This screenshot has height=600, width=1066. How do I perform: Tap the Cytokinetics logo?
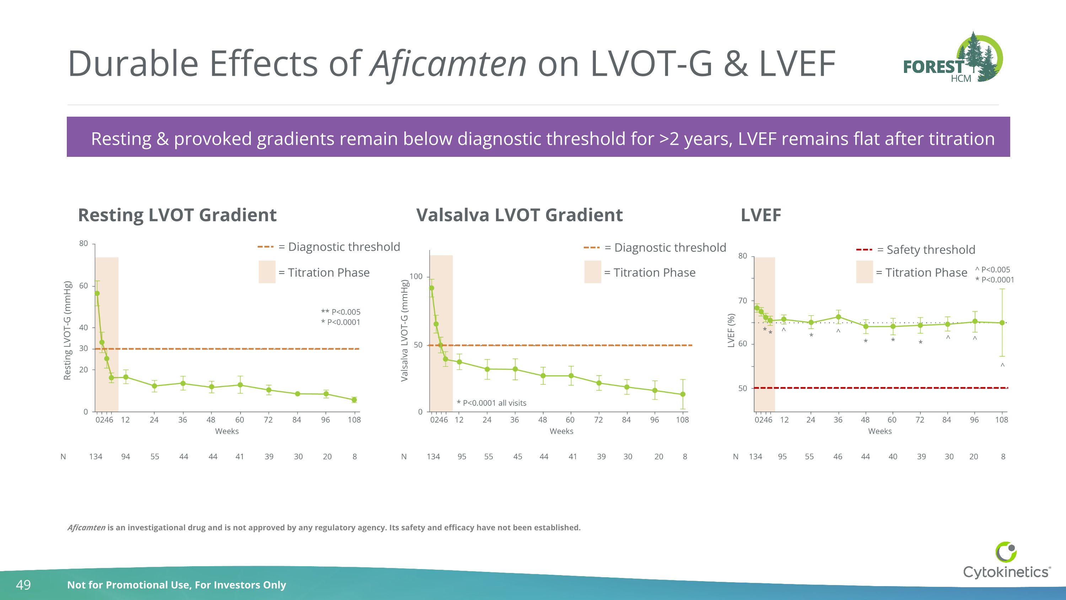[1006, 561]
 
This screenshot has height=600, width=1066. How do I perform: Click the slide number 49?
[23, 585]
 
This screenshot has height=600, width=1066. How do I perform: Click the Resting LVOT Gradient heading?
[177, 215]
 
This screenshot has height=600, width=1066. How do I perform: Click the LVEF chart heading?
[761, 215]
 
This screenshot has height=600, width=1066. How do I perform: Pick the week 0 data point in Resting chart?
[97, 293]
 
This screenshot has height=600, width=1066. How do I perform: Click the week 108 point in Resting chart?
[354, 400]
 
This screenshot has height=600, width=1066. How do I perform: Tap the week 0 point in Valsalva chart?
[432, 288]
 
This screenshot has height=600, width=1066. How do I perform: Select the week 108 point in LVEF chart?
[1002, 323]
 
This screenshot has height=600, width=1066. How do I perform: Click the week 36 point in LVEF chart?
[838, 317]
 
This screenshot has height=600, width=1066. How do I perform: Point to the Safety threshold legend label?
[930, 250]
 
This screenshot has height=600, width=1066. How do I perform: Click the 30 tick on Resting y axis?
[84, 348]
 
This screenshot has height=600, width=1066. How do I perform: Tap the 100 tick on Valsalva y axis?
[416, 276]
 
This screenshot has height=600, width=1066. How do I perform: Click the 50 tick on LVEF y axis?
[743, 388]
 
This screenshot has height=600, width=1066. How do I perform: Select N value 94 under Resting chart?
[125, 456]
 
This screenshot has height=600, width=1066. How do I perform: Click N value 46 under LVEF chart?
[838, 456]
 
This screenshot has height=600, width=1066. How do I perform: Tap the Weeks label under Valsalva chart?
[561, 431]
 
